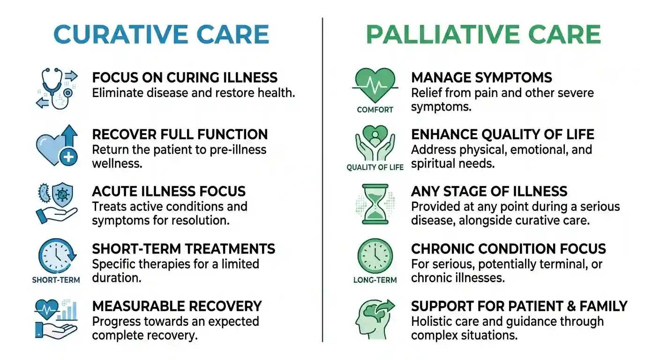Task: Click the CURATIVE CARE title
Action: [161, 34]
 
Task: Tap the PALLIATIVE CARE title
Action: [483, 34]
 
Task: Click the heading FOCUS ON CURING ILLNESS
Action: [185, 77]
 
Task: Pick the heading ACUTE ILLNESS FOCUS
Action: [169, 191]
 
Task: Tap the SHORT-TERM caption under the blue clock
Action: [56, 280]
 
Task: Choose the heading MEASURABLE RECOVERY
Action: [177, 306]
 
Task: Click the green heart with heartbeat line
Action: [375, 85]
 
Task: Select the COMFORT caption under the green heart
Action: [375, 110]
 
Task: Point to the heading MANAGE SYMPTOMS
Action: [481, 77]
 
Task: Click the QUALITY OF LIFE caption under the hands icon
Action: [375, 167]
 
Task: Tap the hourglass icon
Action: [375, 203]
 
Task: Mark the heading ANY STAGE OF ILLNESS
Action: [489, 191]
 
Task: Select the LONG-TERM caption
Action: [375, 280]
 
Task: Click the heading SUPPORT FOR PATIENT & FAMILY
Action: [519, 306]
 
